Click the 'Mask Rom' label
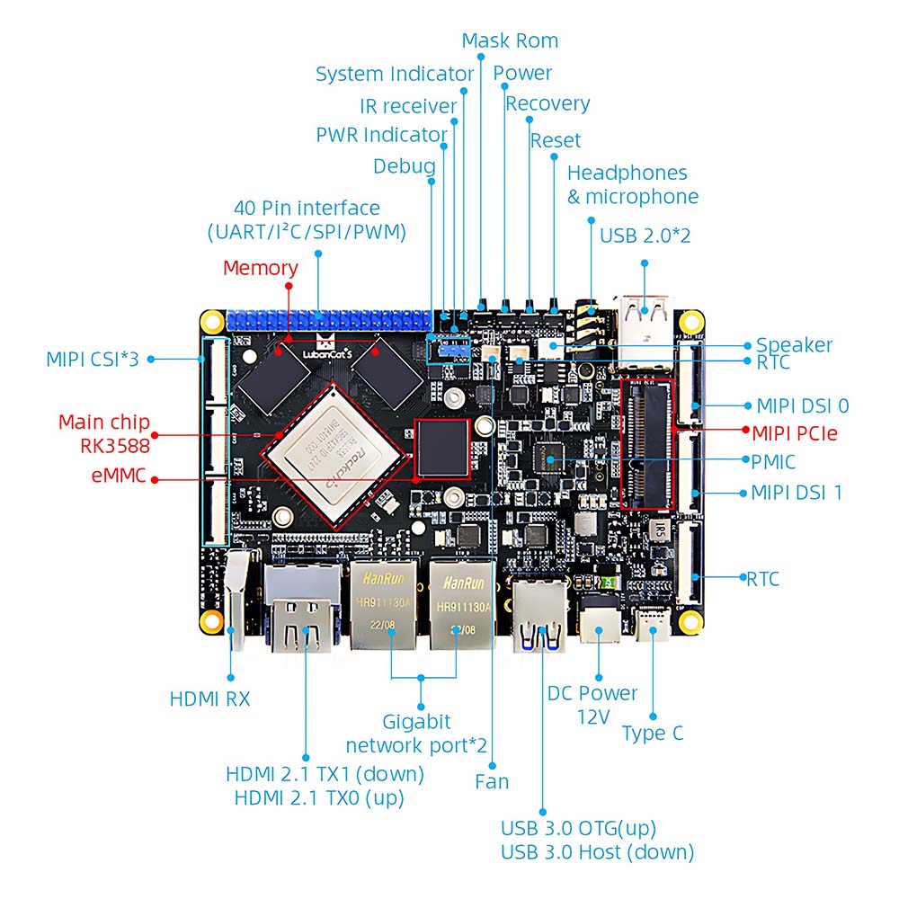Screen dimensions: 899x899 (x=509, y=41)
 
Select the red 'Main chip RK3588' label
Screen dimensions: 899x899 (x=104, y=432)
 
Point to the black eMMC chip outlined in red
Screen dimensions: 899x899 (x=441, y=446)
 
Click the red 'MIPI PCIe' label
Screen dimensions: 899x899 (x=794, y=433)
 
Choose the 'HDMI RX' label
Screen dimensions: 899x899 (x=209, y=699)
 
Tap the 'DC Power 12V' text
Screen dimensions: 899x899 (x=592, y=704)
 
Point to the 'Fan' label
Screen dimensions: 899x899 (x=492, y=781)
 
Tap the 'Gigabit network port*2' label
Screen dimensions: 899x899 (x=416, y=733)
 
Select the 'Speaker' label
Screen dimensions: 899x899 (x=794, y=345)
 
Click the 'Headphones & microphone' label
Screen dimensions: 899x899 (x=632, y=184)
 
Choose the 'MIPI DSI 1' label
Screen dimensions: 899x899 (x=797, y=493)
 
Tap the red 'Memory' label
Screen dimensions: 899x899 (x=260, y=268)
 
